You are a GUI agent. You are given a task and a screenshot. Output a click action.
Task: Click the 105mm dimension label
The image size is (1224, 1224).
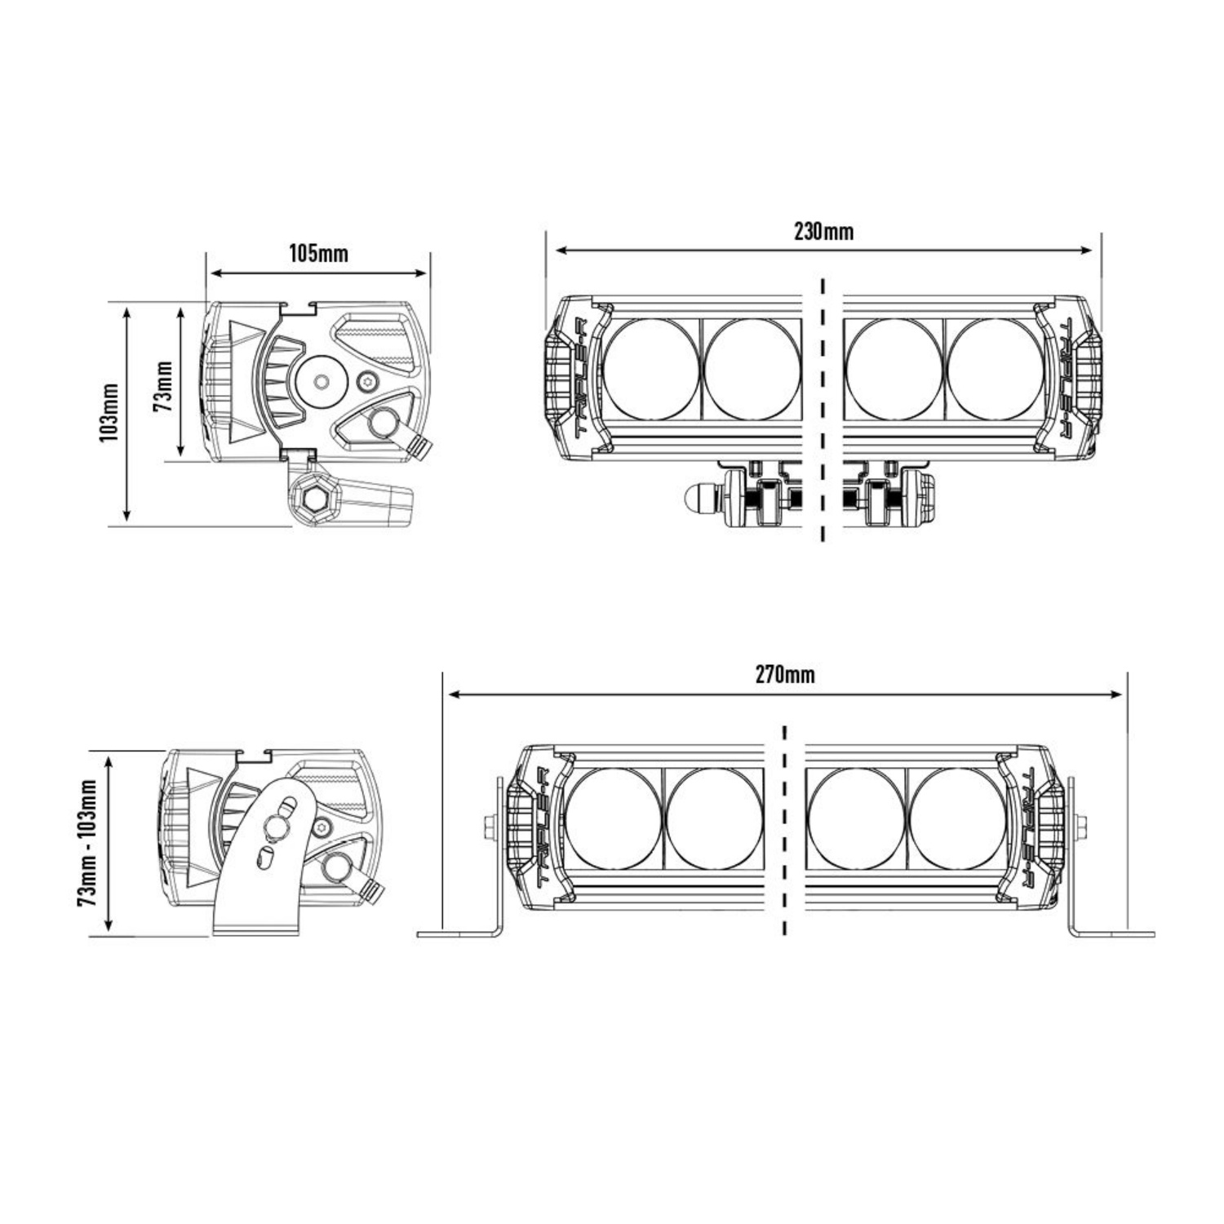[x=318, y=254]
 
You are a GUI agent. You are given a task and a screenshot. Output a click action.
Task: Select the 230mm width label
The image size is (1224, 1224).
[x=823, y=232]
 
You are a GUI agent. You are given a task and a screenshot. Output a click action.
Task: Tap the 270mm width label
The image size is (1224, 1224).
[x=784, y=675]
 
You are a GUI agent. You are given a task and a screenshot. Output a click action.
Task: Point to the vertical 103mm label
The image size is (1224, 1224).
[x=109, y=413]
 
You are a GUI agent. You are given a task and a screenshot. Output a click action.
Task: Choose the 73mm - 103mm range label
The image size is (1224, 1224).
[x=88, y=842]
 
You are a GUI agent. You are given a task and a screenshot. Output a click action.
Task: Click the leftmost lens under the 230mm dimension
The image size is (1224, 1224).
[x=650, y=369]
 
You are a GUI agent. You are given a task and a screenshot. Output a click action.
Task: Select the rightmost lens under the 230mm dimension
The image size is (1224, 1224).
[x=996, y=369]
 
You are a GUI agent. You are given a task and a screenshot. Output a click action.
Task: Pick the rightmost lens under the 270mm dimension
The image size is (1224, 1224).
[x=956, y=818]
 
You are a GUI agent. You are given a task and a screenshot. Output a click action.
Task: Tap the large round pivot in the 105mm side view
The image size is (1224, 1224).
[x=322, y=381]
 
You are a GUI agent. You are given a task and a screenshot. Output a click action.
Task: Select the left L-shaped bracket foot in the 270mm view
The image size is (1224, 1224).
[x=461, y=934]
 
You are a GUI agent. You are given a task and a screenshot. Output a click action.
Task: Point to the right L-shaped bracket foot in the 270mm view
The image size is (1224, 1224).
[x=1111, y=934]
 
